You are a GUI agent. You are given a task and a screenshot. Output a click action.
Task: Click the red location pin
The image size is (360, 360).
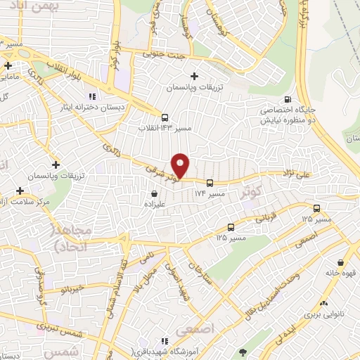[181, 165]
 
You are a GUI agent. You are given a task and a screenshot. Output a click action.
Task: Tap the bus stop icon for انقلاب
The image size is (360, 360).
[165, 117]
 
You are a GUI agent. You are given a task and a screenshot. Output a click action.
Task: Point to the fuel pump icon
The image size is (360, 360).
[286, 100]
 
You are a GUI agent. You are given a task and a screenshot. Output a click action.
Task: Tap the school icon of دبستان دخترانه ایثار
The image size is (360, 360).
[91, 96]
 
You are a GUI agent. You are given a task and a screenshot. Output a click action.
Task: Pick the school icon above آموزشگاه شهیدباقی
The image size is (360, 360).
[165, 341]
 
